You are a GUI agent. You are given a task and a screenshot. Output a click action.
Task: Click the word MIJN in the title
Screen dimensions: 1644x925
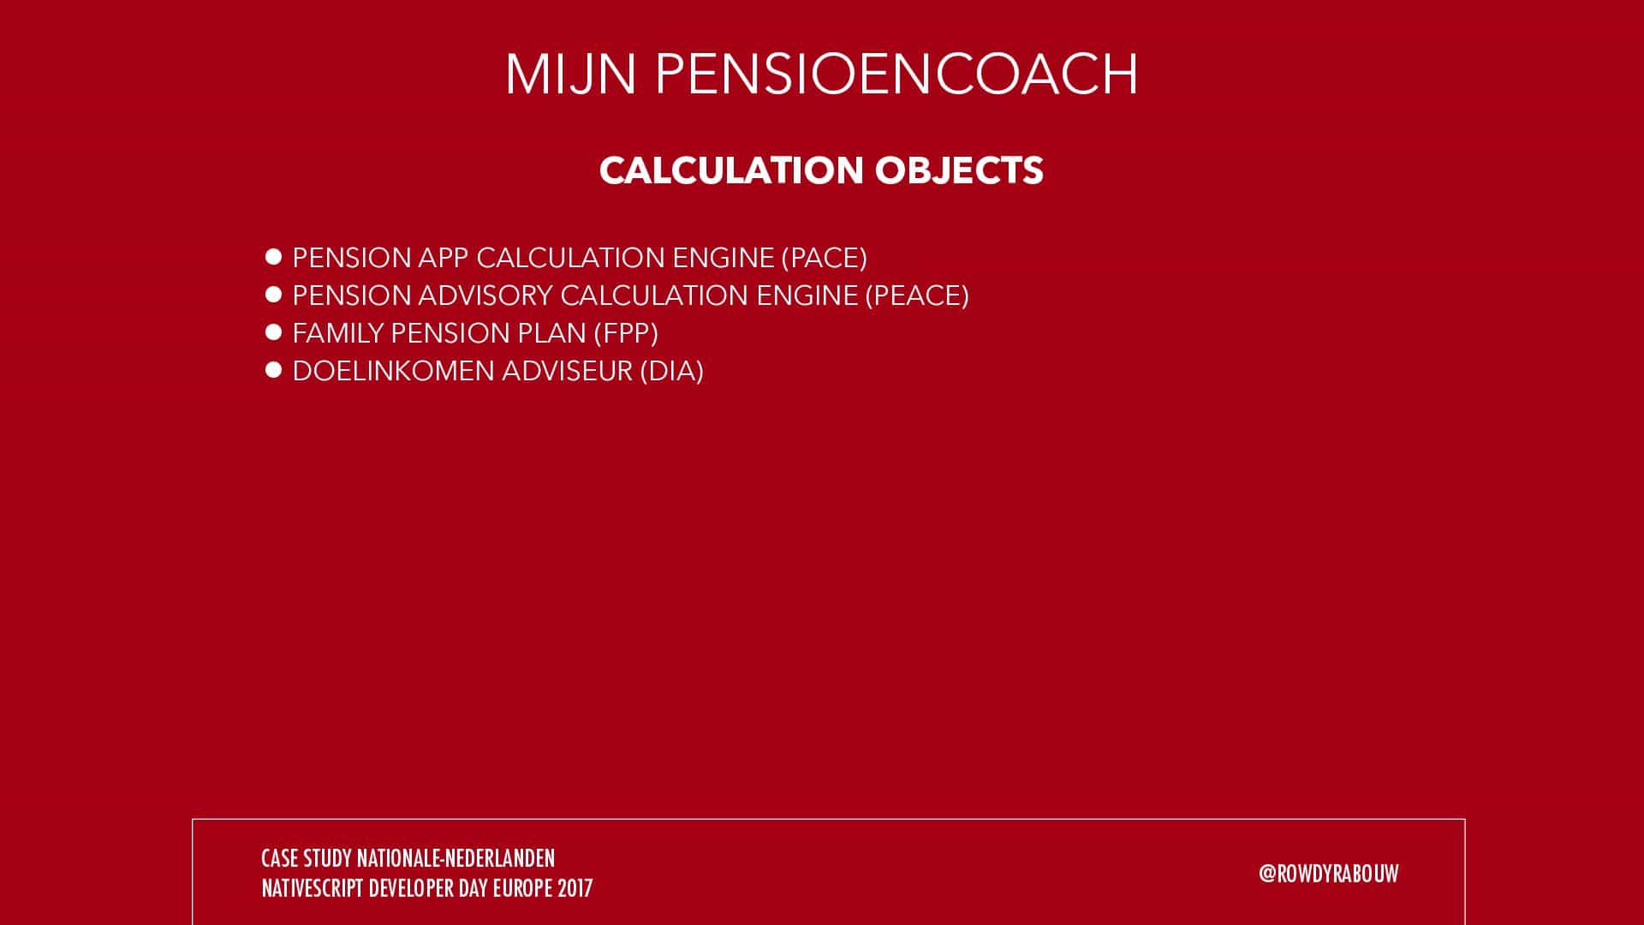pos(570,75)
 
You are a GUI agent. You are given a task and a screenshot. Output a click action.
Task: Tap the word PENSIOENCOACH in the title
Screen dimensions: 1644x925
pos(896,75)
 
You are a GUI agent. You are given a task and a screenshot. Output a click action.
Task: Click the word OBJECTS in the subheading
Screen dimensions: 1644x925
pos(959,170)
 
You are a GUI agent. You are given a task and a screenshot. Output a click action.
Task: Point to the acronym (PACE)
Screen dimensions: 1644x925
pos(824,258)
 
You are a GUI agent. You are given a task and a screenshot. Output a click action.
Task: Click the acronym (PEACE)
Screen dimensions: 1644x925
pos(917,295)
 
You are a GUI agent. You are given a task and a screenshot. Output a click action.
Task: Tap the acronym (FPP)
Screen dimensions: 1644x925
pos(626,333)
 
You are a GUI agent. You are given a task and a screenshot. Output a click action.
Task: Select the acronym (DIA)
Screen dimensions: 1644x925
pos(671,371)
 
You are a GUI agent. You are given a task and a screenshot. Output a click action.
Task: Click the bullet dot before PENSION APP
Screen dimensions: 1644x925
pos(274,257)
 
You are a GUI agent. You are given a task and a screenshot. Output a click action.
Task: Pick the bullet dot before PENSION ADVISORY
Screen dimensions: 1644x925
pos(274,295)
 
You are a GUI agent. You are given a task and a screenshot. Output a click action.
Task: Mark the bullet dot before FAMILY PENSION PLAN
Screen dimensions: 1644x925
pos(274,332)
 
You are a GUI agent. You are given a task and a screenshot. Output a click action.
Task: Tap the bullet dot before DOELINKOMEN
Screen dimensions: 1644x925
pos(274,370)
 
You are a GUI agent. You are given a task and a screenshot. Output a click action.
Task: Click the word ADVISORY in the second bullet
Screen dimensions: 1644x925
pos(485,295)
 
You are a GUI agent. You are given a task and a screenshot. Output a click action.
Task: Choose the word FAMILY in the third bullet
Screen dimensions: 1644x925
pos(338,333)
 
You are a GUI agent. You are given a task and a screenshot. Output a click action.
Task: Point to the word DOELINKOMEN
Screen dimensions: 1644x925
pos(393,371)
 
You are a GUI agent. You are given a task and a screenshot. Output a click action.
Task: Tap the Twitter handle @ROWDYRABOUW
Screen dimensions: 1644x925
pos(1329,874)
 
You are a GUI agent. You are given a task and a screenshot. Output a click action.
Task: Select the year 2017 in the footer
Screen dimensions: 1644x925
pos(575,888)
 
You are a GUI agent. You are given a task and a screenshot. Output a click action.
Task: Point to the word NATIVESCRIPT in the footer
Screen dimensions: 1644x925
pos(313,888)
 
